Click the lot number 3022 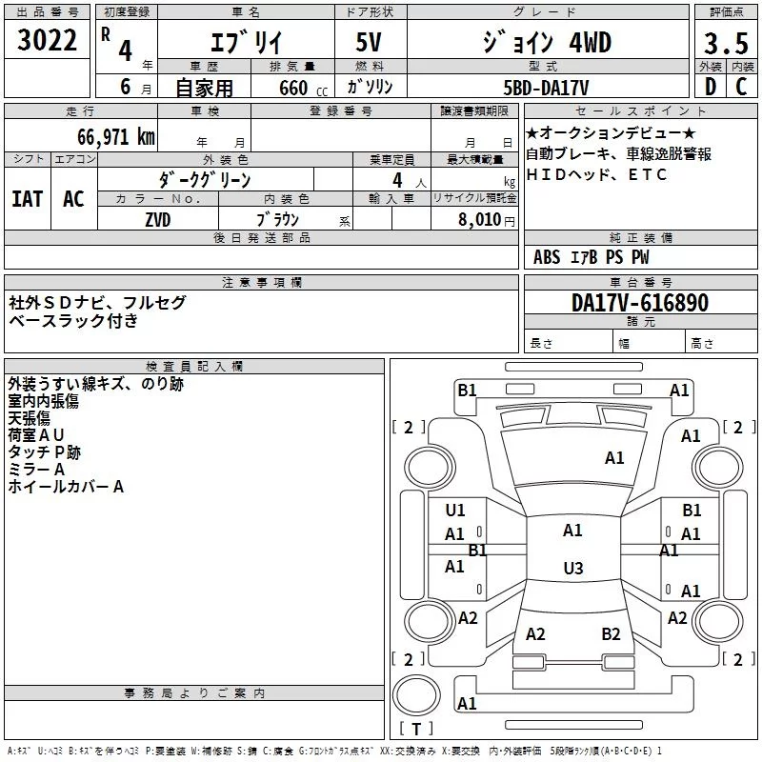47,40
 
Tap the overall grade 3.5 726,43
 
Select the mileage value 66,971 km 116,137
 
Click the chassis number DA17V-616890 640,303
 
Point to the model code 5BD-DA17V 546,88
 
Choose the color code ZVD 158,220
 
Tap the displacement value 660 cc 303,89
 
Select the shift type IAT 28,199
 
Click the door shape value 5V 369,42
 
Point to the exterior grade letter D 711,87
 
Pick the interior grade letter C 741,87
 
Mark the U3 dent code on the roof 573,568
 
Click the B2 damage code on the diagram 611,633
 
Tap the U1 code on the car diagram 455,510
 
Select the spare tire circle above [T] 416,695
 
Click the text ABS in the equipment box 547,257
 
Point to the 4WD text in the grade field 590,43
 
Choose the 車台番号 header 641,282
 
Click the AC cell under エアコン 73,199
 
